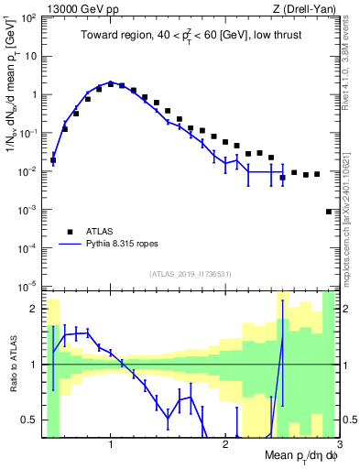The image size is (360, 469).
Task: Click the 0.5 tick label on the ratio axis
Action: click(30, 420)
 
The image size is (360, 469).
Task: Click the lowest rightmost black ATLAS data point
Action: click(329, 212)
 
